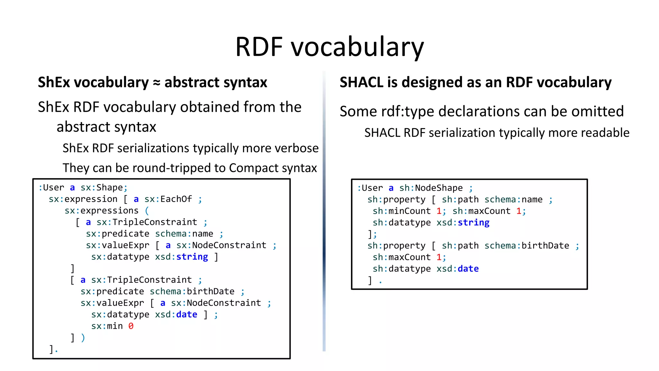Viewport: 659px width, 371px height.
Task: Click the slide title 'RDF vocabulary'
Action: pyautogui.click(x=329, y=47)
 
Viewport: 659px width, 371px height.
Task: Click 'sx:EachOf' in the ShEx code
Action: pyautogui.click(x=168, y=199)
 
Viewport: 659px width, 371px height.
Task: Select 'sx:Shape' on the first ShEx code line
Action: pyautogui.click(x=102, y=188)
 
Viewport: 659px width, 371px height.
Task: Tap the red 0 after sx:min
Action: pyautogui.click(x=131, y=326)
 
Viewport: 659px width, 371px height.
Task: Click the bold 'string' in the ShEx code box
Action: pyautogui.click(x=192, y=257)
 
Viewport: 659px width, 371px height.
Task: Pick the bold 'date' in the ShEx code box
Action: pyautogui.click(x=187, y=315)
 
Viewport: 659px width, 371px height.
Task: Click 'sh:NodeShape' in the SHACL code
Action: pyautogui.click(x=431, y=188)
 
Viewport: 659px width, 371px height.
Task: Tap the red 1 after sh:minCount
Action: pyautogui.click(x=439, y=211)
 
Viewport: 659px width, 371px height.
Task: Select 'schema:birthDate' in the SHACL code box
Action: pyautogui.click(x=527, y=246)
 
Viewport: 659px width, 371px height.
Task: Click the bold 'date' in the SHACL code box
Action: pyautogui.click(x=468, y=269)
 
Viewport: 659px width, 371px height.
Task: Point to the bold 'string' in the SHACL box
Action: pyautogui.click(x=474, y=223)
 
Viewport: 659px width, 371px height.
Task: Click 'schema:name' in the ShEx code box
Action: pyautogui.click(x=184, y=234)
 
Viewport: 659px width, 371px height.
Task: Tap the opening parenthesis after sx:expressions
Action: pyautogui.click(x=147, y=211)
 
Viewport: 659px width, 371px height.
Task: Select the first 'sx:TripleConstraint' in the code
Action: pyautogui.click(x=147, y=222)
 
